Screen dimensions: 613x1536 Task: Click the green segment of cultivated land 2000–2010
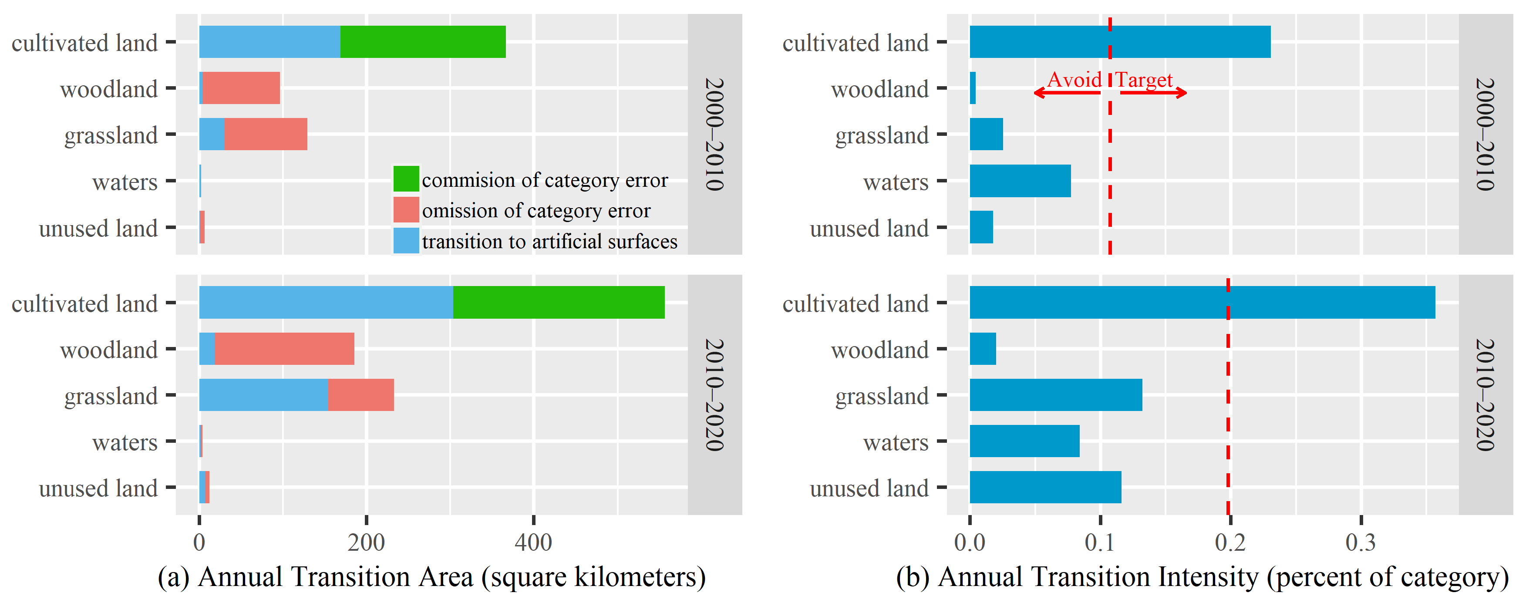coord(423,42)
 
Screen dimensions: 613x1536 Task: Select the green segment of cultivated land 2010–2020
coord(558,302)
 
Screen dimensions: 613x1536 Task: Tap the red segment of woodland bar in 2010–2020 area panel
coord(284,349)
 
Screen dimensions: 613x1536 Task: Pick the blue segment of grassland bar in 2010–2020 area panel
coord(263,395)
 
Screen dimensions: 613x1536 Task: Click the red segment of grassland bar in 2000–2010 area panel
coord(265,134)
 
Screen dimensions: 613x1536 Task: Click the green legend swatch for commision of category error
coord(406,179)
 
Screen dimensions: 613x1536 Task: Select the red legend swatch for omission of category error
coord(406,210)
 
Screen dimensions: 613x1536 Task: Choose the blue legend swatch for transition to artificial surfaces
coord(406,241)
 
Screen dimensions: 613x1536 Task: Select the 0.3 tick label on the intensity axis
coord(1361,542)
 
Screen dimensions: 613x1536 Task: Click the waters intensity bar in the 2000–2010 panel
coord(1020,181)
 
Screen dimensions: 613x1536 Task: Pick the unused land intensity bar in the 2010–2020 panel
coord(1044,487)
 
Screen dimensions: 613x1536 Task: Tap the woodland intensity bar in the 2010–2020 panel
coord(983,349)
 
